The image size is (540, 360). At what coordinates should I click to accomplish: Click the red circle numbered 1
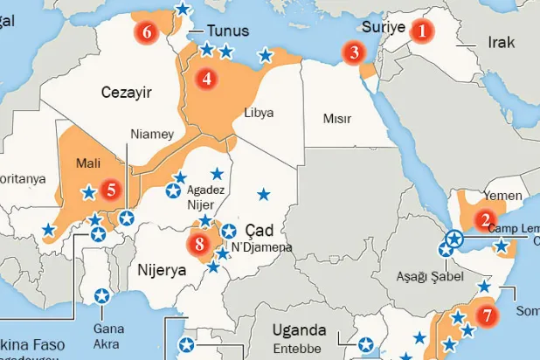422,31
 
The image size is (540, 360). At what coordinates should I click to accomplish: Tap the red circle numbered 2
485,220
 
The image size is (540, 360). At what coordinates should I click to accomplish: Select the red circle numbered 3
354,52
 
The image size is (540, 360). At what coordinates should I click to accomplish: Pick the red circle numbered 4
207,78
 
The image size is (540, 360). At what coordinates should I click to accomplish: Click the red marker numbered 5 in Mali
109,188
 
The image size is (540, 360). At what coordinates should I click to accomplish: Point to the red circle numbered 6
147,32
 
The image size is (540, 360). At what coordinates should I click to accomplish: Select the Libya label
260,114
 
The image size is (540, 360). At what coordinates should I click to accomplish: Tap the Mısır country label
337,118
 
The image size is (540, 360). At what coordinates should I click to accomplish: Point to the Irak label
502,42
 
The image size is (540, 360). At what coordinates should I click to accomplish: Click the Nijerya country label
163,270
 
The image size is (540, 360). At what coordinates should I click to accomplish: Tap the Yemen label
502,196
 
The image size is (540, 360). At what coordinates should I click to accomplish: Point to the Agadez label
206,190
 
